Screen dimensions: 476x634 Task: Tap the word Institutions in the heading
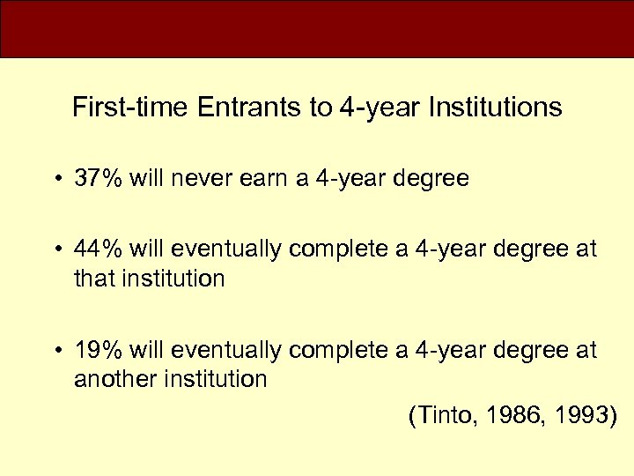point(495,108)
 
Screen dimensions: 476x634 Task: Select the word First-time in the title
point(131,108)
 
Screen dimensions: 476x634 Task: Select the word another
point(107,379)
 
